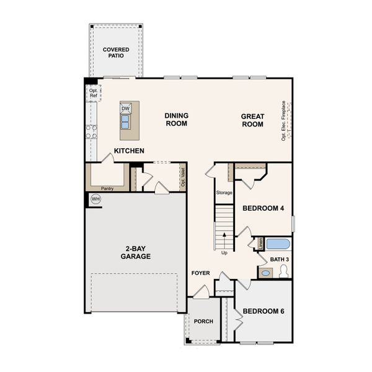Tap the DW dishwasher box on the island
pos(126,108)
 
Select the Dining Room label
pos(176,119)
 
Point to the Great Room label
pos(252,120)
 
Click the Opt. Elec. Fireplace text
pos(283,120)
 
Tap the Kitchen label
pos(129,151)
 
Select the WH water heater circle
pos(95,199)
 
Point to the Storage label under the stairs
pos(224,192)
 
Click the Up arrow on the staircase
pos(224,237)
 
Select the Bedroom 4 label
pos(263,208)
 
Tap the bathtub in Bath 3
pos(277,243)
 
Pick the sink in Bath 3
pos(265,272)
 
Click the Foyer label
pos(200,272)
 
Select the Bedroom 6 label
pos(263,311)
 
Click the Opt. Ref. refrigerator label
pos(93,93)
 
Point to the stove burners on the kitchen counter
pos(91,131)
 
